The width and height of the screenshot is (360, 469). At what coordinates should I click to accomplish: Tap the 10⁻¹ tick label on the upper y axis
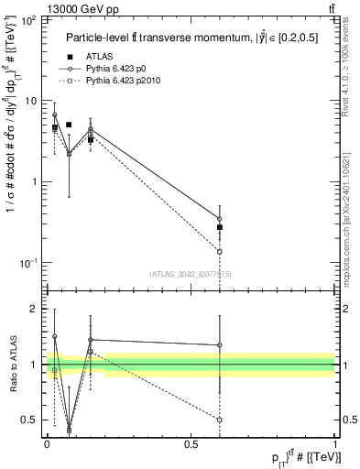[x=28, y=263]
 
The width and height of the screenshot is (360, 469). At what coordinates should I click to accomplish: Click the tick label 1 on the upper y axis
[x=36, y=181]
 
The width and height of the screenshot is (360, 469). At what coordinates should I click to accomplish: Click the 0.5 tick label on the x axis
[x=191, y=442]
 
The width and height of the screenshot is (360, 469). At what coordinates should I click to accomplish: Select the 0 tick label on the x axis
[x=47, y=442]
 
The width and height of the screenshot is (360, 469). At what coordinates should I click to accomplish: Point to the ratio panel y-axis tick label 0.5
[x=30, y=420]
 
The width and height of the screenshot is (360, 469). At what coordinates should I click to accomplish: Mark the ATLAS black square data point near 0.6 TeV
[x=220, y=226]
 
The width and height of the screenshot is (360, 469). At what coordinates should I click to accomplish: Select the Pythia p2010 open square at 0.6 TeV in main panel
[x=220, y=251]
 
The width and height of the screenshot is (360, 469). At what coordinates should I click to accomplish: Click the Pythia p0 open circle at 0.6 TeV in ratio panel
[x=220, y=345]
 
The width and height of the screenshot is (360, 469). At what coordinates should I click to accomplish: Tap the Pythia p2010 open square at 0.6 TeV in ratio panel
[x=220, y=420]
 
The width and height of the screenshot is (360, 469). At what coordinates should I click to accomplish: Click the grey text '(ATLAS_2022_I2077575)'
[x=190, y=273]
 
